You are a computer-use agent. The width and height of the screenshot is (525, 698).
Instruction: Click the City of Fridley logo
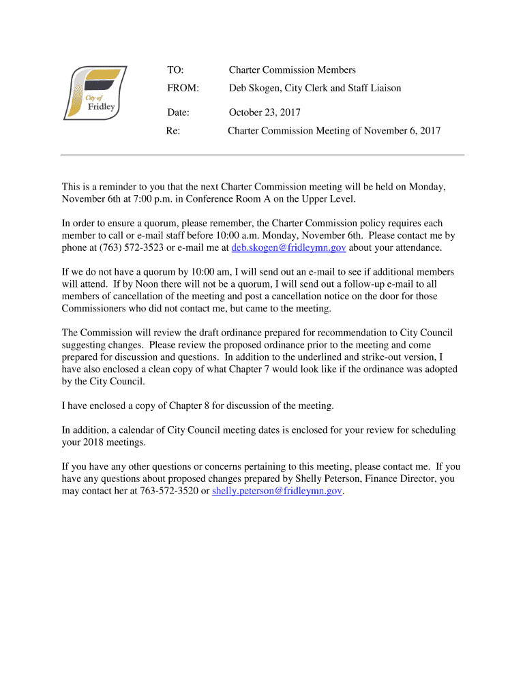95,93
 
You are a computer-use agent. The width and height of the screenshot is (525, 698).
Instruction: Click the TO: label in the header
176,70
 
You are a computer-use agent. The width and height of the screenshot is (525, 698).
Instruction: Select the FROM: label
183,88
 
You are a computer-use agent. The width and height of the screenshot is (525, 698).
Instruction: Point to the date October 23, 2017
265,112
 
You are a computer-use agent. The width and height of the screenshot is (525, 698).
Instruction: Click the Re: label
173,130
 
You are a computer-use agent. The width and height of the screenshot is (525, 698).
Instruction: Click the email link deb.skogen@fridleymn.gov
288,247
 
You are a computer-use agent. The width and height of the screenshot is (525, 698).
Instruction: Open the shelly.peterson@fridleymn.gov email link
277,491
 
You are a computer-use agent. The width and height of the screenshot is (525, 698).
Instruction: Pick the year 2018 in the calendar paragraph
95,442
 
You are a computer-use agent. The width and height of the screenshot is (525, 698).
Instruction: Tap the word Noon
126,284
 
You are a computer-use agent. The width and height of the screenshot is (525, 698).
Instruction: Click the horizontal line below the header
262,155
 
